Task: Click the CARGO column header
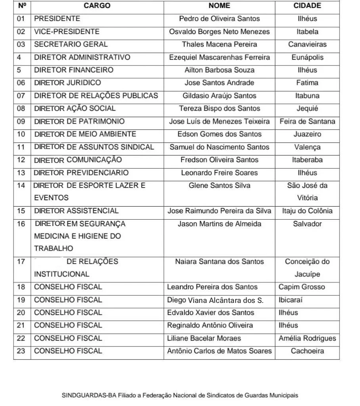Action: coord(97,6)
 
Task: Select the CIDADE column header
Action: coord(307,6)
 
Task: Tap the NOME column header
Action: coord(219,6)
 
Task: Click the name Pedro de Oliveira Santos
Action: coord(219,19)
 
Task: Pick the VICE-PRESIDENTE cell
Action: coord(67,32)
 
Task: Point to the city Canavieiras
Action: coord(307,44)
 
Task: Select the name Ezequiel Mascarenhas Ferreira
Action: coord(219,57)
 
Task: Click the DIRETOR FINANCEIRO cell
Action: coord(74,70)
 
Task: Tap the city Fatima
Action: coord(307,83)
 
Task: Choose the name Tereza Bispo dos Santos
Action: coord(219,109)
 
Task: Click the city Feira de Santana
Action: coord(307,121)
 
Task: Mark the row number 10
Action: coord(21,134)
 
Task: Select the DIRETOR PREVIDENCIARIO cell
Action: coord(81,173)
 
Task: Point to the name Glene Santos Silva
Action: coord(219,186)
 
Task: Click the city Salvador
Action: coord(307,224)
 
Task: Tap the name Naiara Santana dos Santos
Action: coord(219,262)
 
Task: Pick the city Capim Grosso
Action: coord(302,287)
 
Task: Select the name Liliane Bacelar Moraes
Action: coord(204,338)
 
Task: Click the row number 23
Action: coord(21,351)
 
